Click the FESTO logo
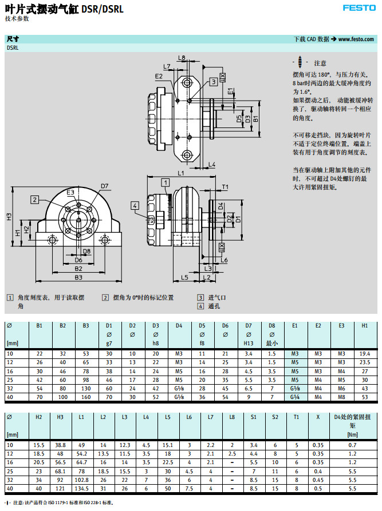click(x=359, y=7)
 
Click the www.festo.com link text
click(x=356, y=39)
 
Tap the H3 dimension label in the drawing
click(x=9, y=217)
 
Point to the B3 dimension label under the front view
click(x=78, y=277)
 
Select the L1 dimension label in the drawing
click(x=180, y=172)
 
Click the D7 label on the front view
click(x=104, y=186)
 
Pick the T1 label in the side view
click(x=225, y=187)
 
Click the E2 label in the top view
click(x=158, y=75)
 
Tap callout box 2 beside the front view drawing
click(x=35, y=199)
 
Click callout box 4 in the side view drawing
click(x=135, y=205)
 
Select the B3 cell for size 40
click(x=86, y=397)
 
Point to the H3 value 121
click(x=60, y=488)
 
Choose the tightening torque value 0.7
click(x=352, y=445)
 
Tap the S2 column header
click(x=275, y=417)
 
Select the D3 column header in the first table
click(x=155, y=326)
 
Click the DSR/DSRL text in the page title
click(x=103, y=9)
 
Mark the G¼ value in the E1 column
click(x=295, y=397)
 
